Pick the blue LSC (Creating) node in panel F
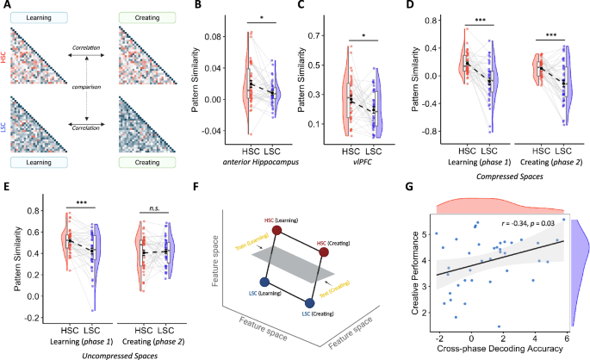coord(309,301)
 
